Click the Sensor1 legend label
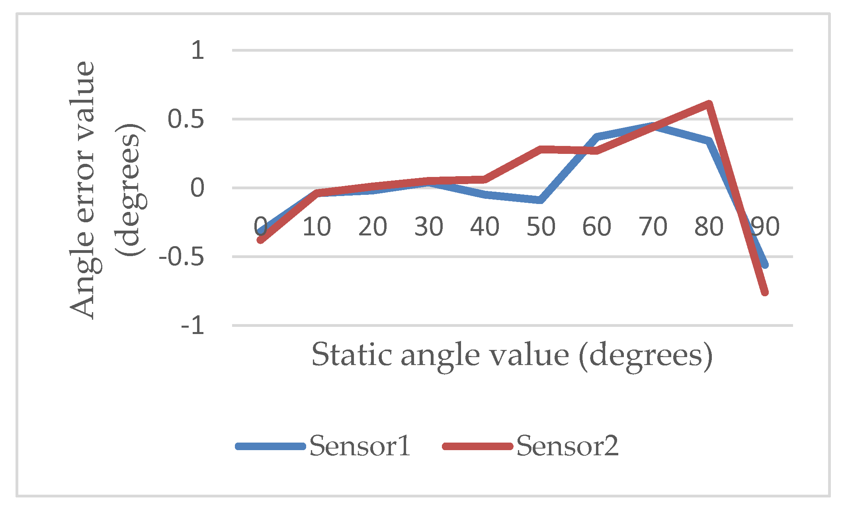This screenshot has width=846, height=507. click(x=360, y=446)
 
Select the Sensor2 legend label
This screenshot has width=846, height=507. click(x=567, y=446)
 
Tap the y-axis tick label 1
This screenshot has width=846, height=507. click(x=197, y=51)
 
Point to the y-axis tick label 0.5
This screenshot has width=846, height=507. click(x=186, y=119)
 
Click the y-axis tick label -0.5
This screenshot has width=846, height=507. click(x=182, y=257)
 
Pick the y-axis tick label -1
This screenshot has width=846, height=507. click(x=193, y=326)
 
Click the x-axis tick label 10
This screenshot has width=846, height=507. click(x=317, y=227)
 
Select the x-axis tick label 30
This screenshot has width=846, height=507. click(x=429, y=227)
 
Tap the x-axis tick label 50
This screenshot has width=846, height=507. click(x=541, y=227)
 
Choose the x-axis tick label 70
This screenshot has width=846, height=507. click(x=653, y=227)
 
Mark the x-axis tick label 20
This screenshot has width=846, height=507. click(x=373, y=227)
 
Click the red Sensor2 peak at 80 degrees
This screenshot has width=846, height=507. click(x=709, y=105)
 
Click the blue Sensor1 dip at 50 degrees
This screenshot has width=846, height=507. click(x=540, y=200)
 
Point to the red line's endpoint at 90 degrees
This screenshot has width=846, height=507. click(x=764, y=292)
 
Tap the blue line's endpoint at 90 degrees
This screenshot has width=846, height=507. click(x=765, y=264)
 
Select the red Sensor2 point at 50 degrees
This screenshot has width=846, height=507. click(x=541, y=150)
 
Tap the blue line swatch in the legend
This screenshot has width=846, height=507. click(x=271, y=446)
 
